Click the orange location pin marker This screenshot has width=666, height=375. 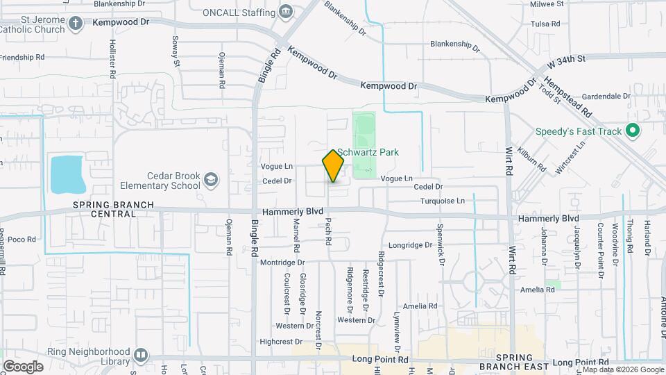click(333, 165)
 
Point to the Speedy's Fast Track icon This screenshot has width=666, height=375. click(632, 131)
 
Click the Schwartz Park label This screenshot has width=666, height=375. click(368, 153)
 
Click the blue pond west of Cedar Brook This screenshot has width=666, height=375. click(68, 174)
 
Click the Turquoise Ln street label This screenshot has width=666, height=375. click(442, 201)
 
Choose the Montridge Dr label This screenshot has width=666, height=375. click(282, 262)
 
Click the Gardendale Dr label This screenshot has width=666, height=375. click(606, 97)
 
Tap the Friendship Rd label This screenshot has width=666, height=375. click(22, 57)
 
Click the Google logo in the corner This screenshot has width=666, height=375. click(23, 366)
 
